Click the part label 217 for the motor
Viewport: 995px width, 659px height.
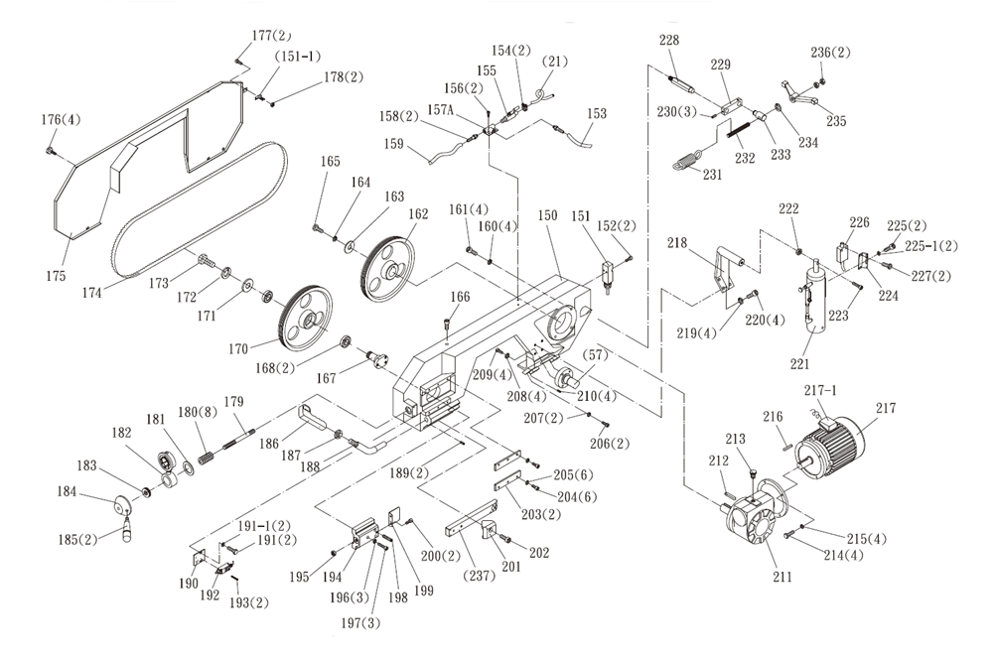(886, 408)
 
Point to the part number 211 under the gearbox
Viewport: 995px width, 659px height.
(784, 577)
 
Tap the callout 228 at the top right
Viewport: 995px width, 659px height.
(670, 40)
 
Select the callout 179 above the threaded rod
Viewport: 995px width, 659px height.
(234, 402)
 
